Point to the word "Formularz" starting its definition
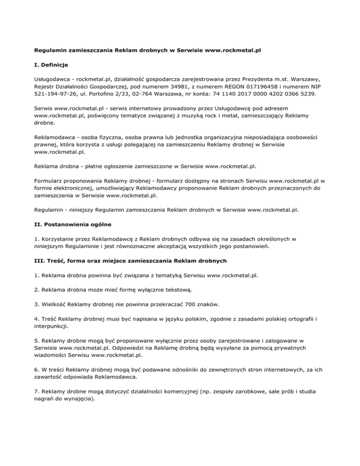tap(51, 180)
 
